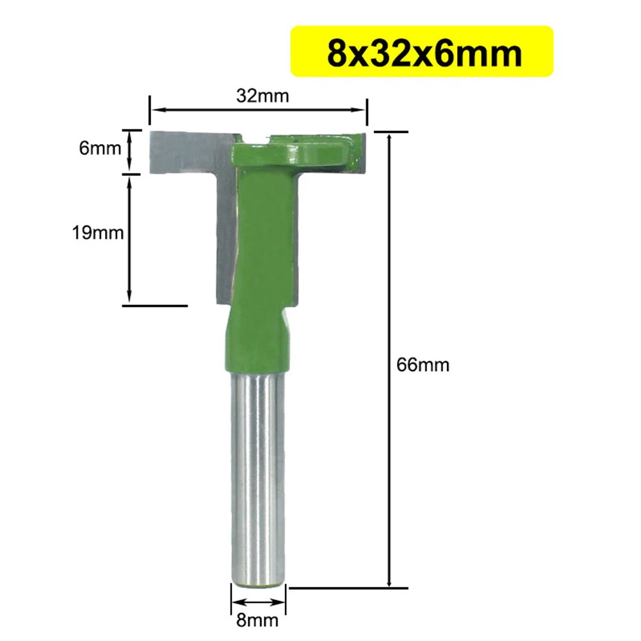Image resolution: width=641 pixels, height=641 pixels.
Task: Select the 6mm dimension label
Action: point(100,149)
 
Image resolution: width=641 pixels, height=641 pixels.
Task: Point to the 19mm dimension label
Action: point(97,232)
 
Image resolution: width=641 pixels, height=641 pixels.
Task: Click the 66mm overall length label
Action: point(423,366)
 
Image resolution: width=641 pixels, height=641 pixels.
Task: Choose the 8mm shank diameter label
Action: point(259,620)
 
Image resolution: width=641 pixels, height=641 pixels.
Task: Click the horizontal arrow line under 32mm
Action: point(258,110)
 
